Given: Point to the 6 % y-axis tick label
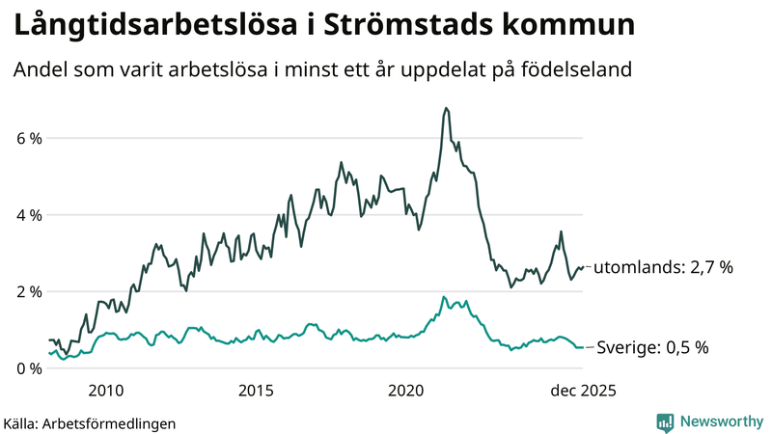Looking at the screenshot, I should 29,138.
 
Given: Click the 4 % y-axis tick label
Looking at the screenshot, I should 29,215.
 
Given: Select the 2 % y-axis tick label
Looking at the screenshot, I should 29,291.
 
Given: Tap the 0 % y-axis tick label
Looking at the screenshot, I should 29,368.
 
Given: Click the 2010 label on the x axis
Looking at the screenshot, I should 105,391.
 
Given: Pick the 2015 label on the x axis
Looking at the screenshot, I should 256,391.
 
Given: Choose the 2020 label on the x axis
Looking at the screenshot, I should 406,391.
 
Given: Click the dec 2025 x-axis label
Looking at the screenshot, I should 582,391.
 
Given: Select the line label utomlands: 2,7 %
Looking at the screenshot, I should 663,267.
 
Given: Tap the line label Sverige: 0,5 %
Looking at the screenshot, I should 654,347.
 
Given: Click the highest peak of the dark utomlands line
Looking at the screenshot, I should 445,108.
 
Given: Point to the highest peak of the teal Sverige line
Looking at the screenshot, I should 443,297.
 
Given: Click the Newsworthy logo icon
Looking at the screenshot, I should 665,421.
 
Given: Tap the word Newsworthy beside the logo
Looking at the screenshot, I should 721,421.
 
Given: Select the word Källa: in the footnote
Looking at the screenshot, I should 22,422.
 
